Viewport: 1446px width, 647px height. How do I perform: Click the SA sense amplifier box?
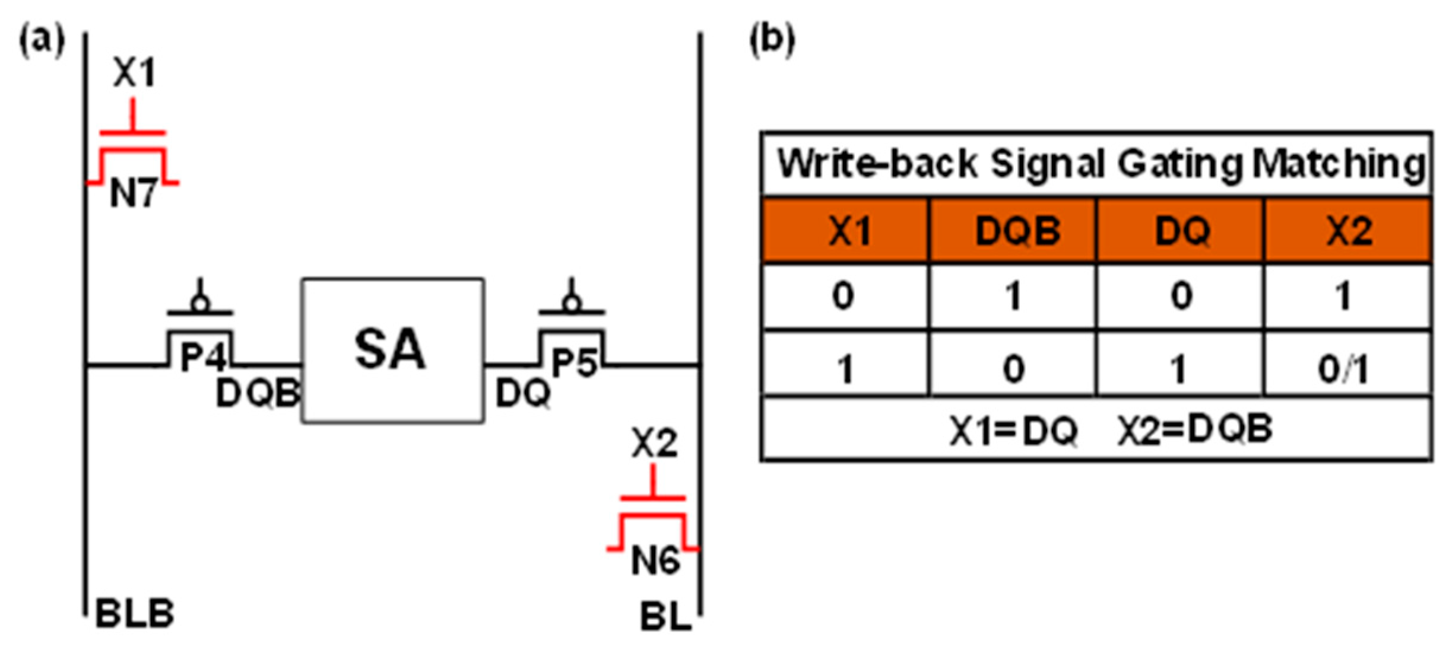point(392,350)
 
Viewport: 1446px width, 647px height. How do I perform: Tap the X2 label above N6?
point(654,442)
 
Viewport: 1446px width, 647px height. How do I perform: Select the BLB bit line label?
point(135,614)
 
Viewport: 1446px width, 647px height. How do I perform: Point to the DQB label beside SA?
point(258,393)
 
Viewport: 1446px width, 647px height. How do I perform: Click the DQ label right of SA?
point(522,393)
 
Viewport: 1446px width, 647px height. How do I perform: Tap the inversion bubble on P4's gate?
point(201,304)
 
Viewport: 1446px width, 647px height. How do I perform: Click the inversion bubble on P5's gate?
point(572,304)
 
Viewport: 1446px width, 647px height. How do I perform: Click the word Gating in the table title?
point(1180,164)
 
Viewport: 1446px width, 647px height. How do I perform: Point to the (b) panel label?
point(772,40)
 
